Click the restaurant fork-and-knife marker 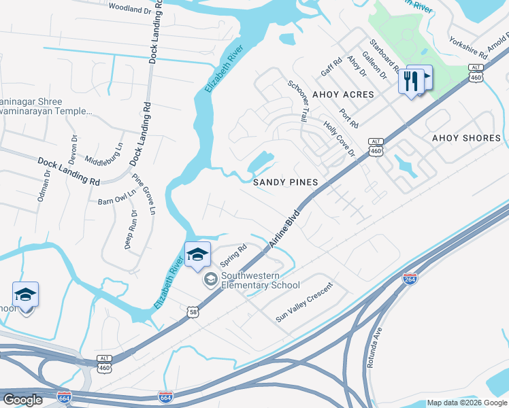click(410, 81)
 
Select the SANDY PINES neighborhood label click(286, 182)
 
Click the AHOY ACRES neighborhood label click(343, 94)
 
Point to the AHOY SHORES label click(466, 138)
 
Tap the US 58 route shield click(194, 310)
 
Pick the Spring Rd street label click(232, 256)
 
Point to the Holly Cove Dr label click(340, 139)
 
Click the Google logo click(22, 400)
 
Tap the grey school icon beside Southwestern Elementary click(210, 279)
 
